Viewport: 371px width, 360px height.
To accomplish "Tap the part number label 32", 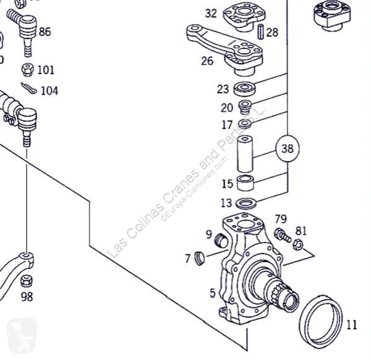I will coord(211,13).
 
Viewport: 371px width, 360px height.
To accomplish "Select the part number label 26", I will coord(207,61).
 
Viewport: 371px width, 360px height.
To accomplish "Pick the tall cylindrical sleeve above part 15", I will coord(246,155).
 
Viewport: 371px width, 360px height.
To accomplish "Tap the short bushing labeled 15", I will coord(247,184).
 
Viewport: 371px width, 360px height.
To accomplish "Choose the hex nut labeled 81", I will coord(296,246).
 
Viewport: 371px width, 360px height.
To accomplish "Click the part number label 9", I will coord(209,234).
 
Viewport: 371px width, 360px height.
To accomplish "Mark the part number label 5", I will coord(212,293).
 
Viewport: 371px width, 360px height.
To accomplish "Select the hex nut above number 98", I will coord(26,280).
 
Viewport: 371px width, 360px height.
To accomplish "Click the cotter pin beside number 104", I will coord(28,88).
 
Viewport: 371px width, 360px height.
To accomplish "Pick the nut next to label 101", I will coord(27,69).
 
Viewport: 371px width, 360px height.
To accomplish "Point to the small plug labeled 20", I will coord(245,106).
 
